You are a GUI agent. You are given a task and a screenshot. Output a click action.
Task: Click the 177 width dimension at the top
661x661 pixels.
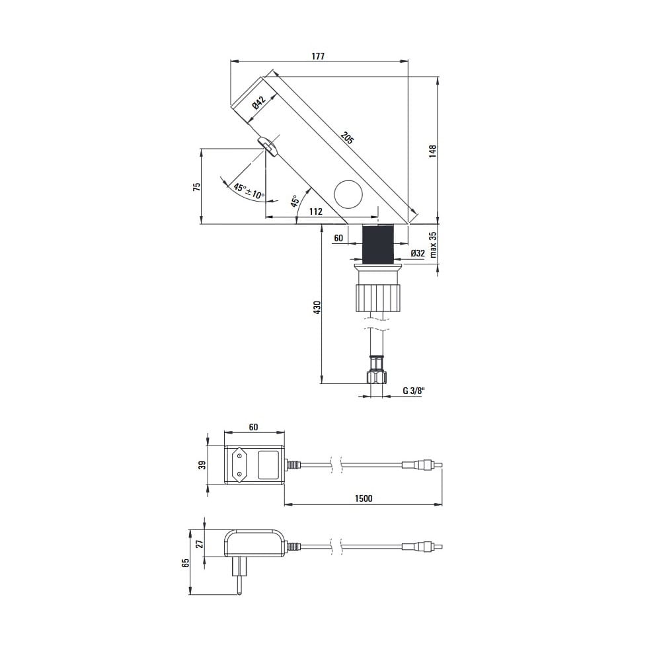[x=318, y=56]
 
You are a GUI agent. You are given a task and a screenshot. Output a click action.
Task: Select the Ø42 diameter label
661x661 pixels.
[x=259, y=103]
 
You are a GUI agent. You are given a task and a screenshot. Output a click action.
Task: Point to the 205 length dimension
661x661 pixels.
[x=348, y=138]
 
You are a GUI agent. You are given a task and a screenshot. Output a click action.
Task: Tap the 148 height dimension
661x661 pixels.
[x=432, y=151]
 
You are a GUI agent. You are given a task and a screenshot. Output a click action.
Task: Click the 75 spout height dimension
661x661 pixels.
[x=196, y=187]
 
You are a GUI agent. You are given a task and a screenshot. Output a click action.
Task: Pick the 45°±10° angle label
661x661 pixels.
[x=249, y=191]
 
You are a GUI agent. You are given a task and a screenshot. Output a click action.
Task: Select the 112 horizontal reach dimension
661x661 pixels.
[x=316, y=212]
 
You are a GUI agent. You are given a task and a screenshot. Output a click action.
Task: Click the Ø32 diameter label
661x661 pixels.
[x=418, y=253]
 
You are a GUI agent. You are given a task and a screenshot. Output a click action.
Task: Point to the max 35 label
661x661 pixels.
[x=433, y=245]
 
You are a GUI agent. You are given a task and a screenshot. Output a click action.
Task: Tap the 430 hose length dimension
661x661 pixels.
[x=317, y=307]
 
